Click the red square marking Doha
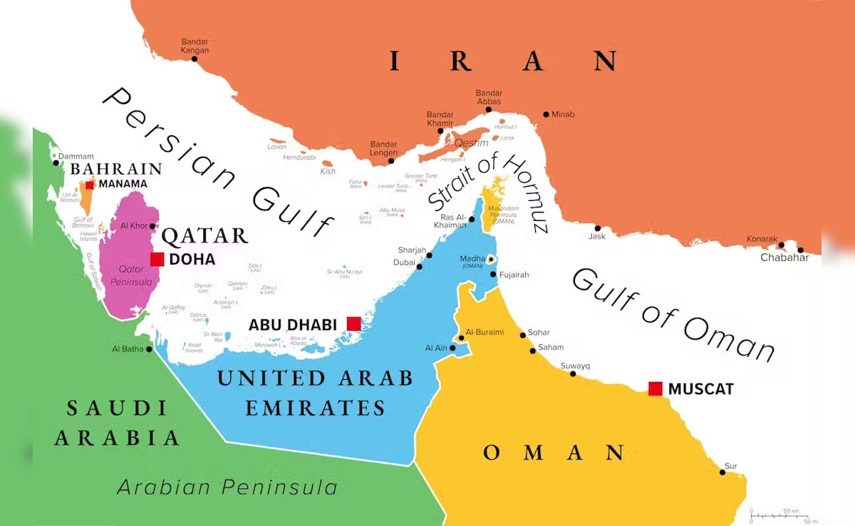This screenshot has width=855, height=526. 157,259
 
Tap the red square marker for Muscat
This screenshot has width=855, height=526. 655,388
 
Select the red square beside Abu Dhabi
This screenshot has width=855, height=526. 353,324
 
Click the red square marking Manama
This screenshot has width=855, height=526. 89,185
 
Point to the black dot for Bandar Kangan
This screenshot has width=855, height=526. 195,58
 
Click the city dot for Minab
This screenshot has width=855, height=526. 546,114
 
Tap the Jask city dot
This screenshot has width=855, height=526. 597,229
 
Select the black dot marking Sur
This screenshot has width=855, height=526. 722,473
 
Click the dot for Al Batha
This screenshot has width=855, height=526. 149,349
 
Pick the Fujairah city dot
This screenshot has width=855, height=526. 493,274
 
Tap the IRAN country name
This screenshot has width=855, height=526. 503,61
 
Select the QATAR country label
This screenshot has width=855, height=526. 205,236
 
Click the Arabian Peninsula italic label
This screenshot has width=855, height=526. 227,488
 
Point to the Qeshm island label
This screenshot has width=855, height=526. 466,143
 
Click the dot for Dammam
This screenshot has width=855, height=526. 56,163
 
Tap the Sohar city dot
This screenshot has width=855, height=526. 522,334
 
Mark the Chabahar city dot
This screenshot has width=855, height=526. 800,250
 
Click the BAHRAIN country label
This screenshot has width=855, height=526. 115,169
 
